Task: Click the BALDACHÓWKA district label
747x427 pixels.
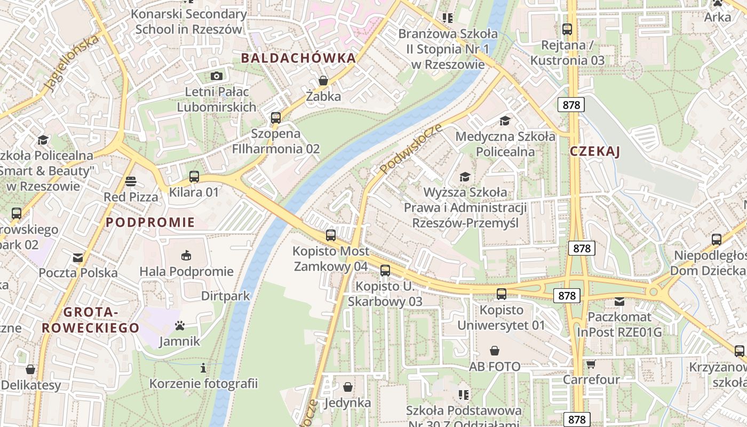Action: (298, 58)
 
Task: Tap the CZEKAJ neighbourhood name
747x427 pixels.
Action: (595, 152)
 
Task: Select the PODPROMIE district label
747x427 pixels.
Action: (150, 223)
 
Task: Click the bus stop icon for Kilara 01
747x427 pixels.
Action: (194, 177)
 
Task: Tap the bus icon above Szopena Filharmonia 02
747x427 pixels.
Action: (276, 118)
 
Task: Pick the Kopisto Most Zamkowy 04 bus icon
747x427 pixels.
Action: (331, 235)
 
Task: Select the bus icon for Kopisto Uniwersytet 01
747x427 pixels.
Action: (502, 294)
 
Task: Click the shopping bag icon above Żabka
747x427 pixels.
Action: (323, 81)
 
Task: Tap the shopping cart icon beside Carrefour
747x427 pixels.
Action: (591, 365)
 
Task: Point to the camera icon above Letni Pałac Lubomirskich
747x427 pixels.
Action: (217, 76)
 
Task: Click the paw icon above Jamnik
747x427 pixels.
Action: (180, 326)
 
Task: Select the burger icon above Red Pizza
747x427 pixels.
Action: (131, 181)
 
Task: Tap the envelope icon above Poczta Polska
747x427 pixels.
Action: (78, 258)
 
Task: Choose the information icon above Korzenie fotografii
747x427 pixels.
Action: (203, 368)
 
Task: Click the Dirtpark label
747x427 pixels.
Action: (226, 296)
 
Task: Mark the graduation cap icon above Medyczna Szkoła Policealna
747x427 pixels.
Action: (505, 121)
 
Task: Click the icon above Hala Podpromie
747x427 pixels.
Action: (186, 256)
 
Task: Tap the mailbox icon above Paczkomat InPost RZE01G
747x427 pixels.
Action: (619, 302)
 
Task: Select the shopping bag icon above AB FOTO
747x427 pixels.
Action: (495, 351)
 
